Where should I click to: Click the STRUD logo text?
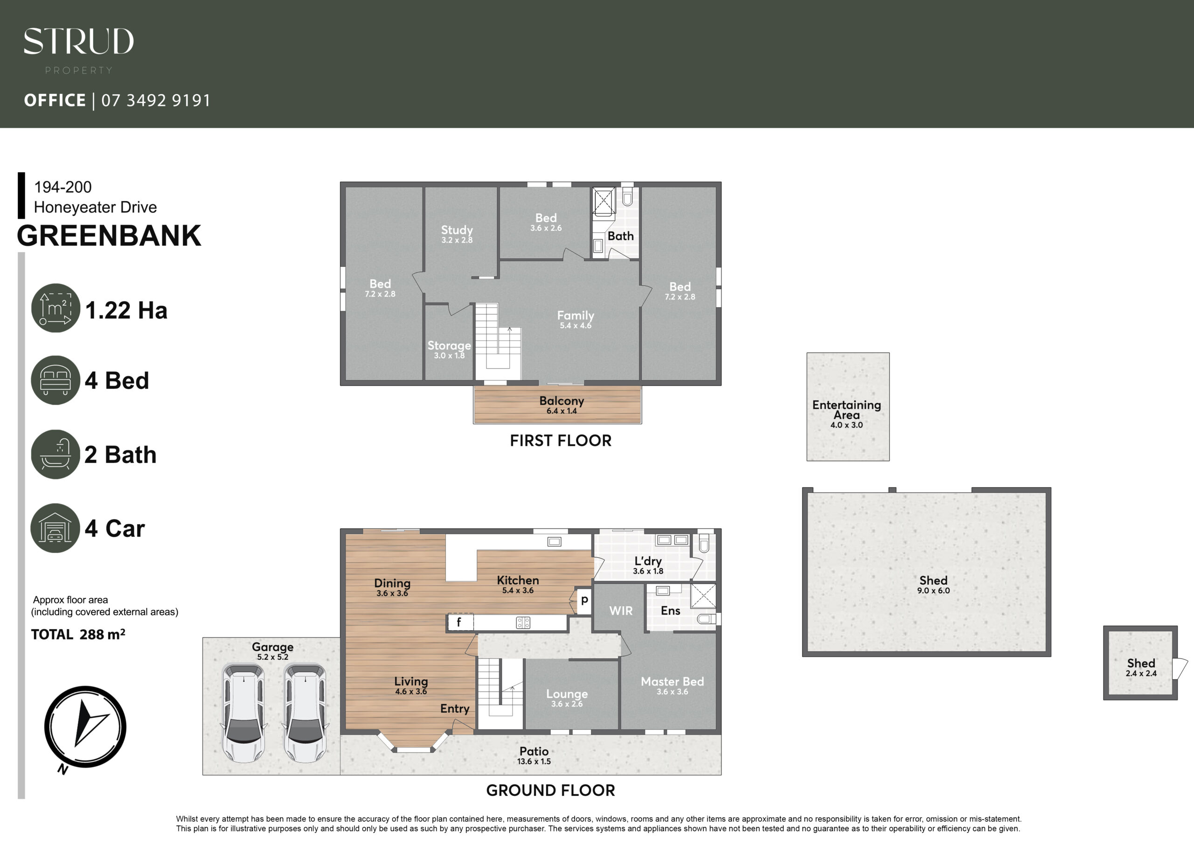click(78, 42)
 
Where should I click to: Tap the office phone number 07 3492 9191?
click(156, 100)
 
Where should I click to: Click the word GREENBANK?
click(109, 235)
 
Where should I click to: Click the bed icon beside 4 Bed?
click(56, 380)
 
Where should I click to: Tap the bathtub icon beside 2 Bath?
click(56, 454)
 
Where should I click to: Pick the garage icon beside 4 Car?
click(55, 528)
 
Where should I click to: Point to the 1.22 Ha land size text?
click(126, 311)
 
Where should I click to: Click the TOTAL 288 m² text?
click(78, 635)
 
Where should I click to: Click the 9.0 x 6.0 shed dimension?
click(933, 591)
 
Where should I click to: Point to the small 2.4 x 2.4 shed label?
click(1141, 668)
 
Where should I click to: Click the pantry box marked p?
click(584, 601)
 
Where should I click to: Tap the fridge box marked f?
click(460, 622)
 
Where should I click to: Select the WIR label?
click(621, 610)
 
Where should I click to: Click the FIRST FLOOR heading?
click(561, 441)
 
